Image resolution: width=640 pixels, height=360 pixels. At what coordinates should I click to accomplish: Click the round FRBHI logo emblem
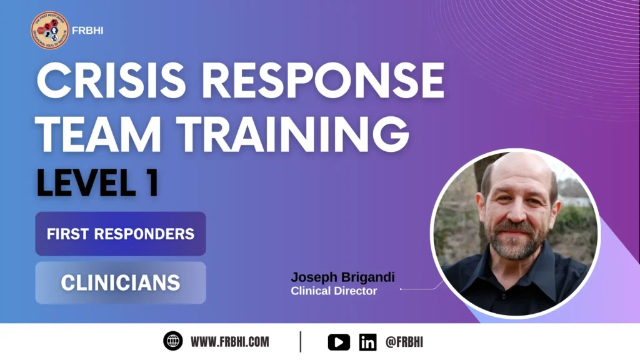(49, 31)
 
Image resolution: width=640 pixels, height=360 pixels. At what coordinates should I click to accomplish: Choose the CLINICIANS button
(121, 282)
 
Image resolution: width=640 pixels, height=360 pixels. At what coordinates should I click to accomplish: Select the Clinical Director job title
(334, 291)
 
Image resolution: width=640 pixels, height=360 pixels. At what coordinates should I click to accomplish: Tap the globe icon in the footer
(172, 341)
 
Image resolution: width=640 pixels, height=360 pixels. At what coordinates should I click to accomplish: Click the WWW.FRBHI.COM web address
(230, 341)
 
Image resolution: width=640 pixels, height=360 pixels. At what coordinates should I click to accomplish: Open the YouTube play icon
(339, 342)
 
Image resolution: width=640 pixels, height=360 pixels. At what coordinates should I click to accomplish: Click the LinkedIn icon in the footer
(367, 342)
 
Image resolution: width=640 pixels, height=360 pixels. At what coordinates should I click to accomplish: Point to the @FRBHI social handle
(405, 342)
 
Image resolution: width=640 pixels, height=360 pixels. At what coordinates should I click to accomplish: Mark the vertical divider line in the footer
(301, 341)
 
